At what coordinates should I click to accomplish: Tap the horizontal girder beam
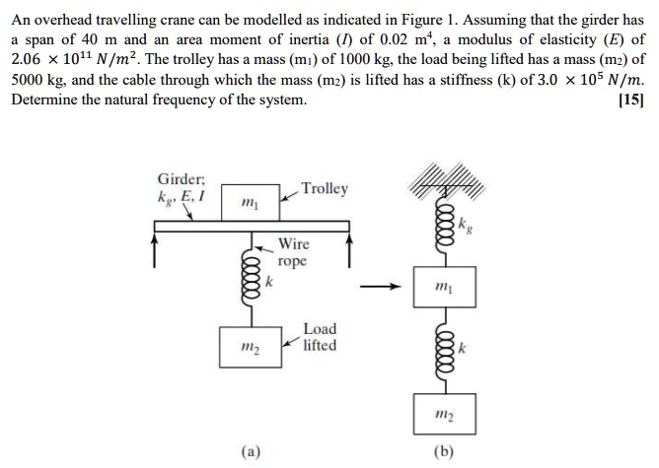[252, 228]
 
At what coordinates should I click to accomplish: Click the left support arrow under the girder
[155, 249]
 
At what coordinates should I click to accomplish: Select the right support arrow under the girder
[349, 249]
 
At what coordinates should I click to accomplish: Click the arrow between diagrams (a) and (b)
[380, 288]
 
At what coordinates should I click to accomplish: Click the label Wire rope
[293, 252]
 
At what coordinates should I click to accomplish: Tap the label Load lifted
[319, 337]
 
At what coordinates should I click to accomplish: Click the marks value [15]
[630, 101]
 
